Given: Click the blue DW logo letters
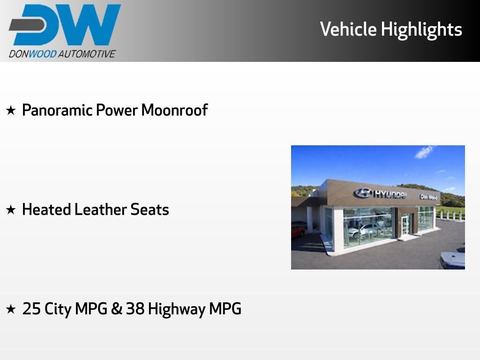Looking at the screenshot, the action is pos(65,24).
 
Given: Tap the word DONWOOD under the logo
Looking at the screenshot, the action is pos(33,54).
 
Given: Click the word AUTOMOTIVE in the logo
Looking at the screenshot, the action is pos(87,54).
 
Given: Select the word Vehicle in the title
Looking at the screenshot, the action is pos(348,29).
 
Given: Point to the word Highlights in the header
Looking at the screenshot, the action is pos(421,30).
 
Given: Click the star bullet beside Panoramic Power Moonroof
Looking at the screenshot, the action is pos(11,110).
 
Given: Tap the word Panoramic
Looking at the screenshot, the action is pos(57,110).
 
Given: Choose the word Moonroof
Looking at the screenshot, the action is pos(174,110).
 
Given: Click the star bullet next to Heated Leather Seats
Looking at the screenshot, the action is pos(11,210).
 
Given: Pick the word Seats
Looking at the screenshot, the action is pos(150,210).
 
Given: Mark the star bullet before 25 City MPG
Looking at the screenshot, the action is pos(11,309).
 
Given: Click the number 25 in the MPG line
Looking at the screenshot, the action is pos(31,308).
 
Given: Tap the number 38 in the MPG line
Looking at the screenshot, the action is pos(135,308).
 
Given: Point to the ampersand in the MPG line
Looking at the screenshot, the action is pos(117,308).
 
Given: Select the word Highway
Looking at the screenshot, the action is pos(177,309).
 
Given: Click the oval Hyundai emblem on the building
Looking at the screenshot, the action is pos(363,193).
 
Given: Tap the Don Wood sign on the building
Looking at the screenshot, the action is pos(428,197).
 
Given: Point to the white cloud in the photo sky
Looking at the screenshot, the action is pos(424,152).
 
